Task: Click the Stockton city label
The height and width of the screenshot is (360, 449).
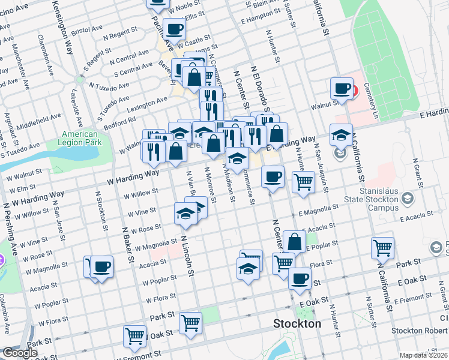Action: coord(297,323)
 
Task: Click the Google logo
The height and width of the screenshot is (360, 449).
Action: coord(20,353)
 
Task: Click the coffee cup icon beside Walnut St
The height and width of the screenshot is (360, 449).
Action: coord(342,88)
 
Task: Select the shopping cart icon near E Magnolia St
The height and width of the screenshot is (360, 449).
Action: coord(304,181)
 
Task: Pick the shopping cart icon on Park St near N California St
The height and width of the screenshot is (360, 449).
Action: coord(382,247)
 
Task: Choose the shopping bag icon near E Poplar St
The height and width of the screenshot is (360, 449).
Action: coord(295,242)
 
